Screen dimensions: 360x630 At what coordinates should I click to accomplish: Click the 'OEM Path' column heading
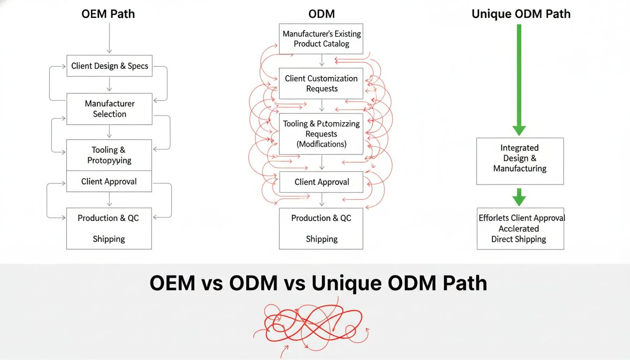tap(109, 14)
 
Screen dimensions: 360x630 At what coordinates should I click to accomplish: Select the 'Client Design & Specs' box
tap(109, 66)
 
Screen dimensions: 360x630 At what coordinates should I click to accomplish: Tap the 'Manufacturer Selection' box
tap(109, 109)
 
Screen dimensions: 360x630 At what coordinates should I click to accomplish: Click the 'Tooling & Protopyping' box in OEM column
tap(109, 155)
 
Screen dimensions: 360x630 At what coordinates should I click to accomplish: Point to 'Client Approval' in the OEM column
tap(109, 181)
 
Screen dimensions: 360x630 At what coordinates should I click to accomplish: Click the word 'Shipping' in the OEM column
tap(109, 239)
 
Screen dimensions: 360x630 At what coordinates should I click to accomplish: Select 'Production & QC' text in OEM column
tap(108, 218)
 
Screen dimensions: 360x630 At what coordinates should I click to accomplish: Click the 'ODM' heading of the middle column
tap(322, 14)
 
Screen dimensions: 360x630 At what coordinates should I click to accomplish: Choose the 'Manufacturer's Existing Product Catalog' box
tap(322, 39)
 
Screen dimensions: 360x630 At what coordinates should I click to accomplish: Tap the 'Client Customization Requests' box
tap(322, 83)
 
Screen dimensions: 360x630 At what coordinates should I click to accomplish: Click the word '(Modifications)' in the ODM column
tap(322, 144)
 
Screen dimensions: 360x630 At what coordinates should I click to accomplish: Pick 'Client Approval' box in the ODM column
tap(322, 182)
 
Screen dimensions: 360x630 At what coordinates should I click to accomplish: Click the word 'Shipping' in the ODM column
tap(322, 239)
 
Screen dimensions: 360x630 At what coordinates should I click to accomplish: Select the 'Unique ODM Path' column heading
tap(521, 14)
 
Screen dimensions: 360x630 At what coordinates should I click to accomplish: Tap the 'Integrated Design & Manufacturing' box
tap(520, 158)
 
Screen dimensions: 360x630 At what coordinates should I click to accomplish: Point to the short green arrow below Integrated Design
tap(519, 197)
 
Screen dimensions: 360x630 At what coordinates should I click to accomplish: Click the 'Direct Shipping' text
tap(518, 239)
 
